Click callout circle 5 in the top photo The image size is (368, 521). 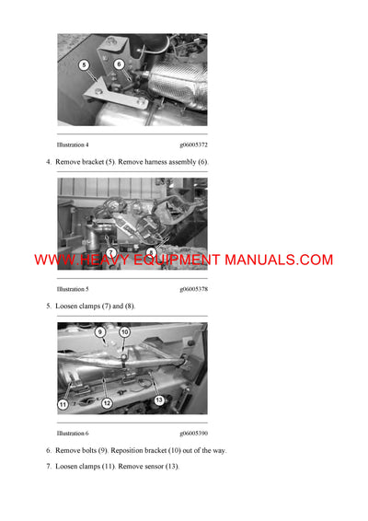tap(84, 65)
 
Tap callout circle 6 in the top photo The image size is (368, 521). tap(119, 64)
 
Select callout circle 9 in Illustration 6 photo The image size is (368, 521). tap(100, 331)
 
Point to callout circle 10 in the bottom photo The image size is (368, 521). tap(125, 332)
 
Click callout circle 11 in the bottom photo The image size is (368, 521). tap(63, 404)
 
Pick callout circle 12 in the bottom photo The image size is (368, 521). tap(107, 403)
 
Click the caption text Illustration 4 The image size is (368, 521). tap(73, 145)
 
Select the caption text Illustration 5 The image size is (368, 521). tap(73, 288)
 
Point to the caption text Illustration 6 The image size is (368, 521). tap(73, 433)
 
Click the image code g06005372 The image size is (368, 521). tap(193, 145)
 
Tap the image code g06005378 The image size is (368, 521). tap(193, 288)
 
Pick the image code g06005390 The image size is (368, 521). tap(193, 433)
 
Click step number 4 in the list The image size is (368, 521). tap(48, 162)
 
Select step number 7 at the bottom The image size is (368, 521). tap(48, 466)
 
